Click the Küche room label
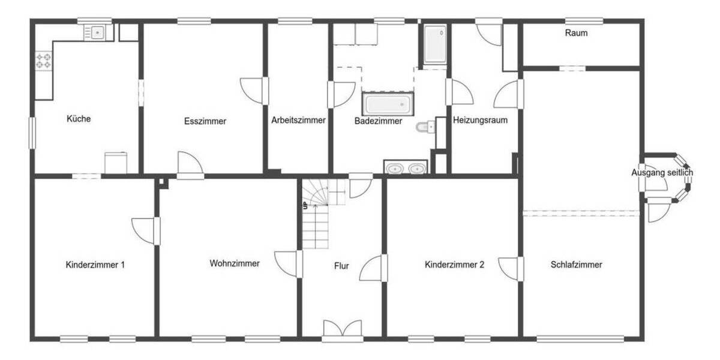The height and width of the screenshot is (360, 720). (x=79, y=119)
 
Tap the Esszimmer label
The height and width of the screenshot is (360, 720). (x=205, y=121)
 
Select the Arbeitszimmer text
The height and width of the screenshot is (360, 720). (x=298, y=120)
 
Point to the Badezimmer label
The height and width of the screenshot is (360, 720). (x=378, y=121)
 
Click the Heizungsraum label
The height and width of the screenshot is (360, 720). (x=480, y=120)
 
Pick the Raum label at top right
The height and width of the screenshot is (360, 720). (x=576, y=33)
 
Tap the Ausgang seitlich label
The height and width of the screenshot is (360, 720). (x=662, y=173)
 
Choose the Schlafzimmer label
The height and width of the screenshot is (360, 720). (x=576, y=264)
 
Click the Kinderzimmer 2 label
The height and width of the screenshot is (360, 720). (x=454, y=264)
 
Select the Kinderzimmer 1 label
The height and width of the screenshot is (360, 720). (x=95, y=264)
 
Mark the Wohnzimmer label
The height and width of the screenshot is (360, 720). (x=235, y=263)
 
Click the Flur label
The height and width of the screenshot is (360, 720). (x=342, y=265)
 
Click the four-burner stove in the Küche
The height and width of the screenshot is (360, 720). (x=44, y=60)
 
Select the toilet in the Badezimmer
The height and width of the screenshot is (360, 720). (x=424, y=127)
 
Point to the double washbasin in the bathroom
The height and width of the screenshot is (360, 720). (x=406, y=169)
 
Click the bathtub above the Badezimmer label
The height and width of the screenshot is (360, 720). (x=388, y=104)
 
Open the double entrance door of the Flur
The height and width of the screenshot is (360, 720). (x=342, y=329)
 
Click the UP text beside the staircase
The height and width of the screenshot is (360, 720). (x=305, y=206)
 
